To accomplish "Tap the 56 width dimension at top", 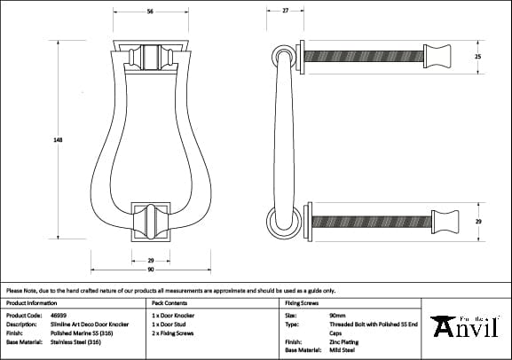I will coord(149,12).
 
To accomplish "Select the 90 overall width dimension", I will coord(150,269).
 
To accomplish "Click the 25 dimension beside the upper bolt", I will coord(477,56).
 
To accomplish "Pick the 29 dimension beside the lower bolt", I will coord(477,220).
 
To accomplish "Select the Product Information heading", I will coord(30,302).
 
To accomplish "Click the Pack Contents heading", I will coord(169,302).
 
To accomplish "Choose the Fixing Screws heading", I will coord(301,302).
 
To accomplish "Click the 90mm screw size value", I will coord(337,315).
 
